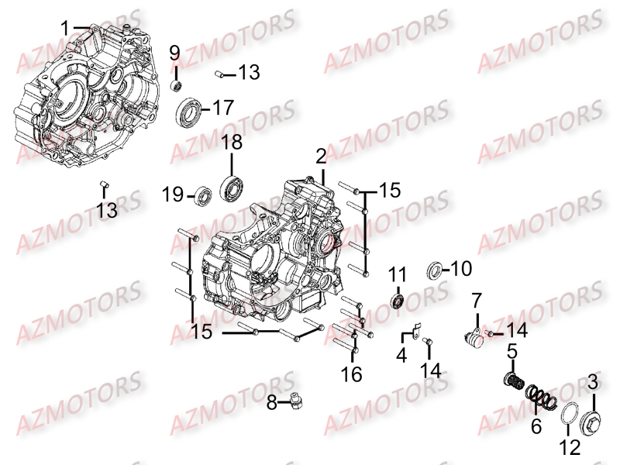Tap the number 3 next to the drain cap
pos(592,381)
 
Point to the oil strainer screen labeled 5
pos(513,381)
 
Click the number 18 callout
pos(232,143)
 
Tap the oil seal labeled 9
pos(176,81)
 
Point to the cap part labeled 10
pos(436,270)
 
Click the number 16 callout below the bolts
pos(352,374)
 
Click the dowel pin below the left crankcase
pos(104,184)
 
